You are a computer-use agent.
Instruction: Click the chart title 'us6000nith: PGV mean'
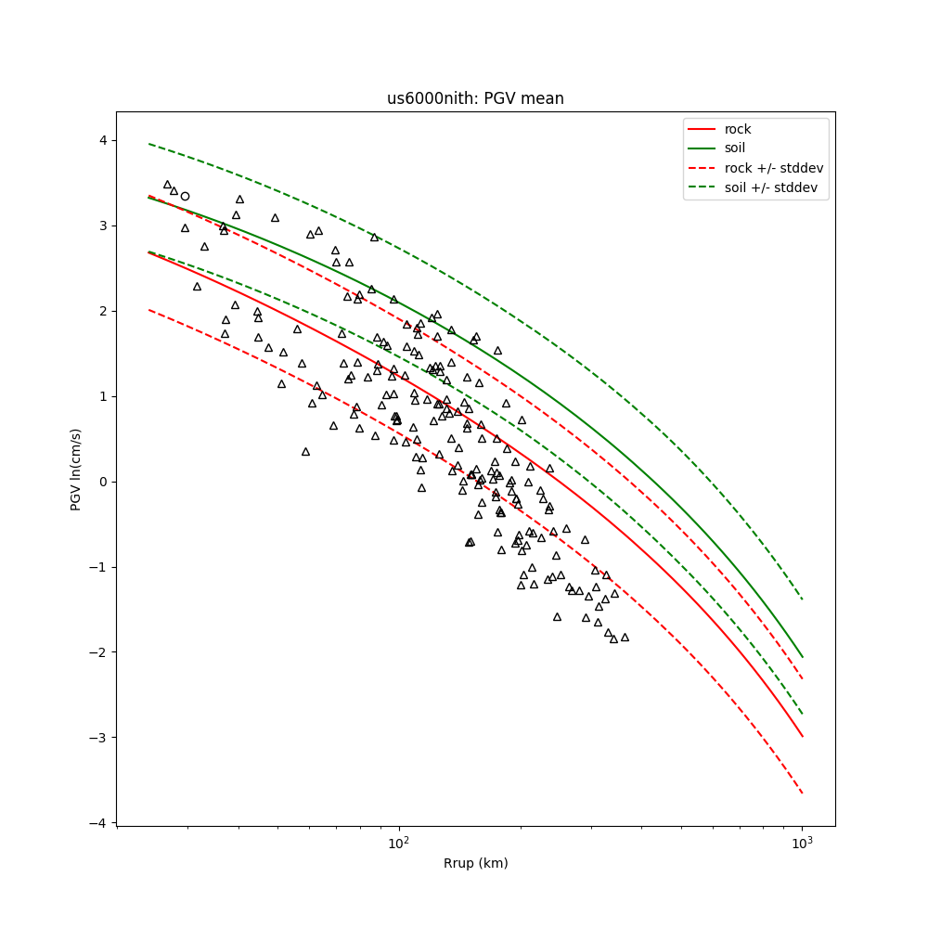tap(475, 98)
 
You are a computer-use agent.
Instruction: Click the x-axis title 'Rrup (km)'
tap(475, 863)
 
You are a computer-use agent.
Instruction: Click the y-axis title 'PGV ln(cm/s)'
tap(76, 469)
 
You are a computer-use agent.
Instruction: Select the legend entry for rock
tap(738, 129)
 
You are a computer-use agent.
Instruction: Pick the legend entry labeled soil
tap(735, 148)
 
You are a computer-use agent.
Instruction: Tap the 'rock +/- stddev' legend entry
tap(774, 167)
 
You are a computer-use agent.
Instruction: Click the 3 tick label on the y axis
tap(102, 226)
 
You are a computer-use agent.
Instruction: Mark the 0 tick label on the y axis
tap(102, 482)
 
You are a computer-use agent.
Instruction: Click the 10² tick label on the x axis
tap(399, 844)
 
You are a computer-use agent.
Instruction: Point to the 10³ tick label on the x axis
tap(802, 844)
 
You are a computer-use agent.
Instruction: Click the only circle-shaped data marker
tap(185, 196)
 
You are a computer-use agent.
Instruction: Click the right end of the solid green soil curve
tap(802, 657)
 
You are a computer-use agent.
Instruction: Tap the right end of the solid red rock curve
tap(802, 737)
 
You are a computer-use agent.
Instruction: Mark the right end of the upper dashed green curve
tap(802, 599)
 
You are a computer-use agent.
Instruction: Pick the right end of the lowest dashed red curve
tap(802, 793)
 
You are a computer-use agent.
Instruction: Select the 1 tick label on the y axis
tap(102, 396)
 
